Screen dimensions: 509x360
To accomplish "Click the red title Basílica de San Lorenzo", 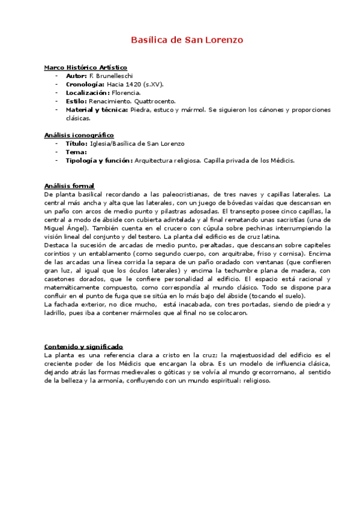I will click(x=187, y=40).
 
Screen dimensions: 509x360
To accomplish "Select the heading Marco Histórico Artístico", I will click(x=85, y=68).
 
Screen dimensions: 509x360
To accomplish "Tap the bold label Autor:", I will click(x=76, y=76).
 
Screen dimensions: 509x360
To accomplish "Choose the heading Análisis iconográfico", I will click(x=79, y=135).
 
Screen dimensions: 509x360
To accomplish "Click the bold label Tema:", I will click(x=76, y=152).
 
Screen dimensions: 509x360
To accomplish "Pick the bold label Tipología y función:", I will click(x=99, y=160).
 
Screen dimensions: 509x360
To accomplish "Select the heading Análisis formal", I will click(x=69, y=185).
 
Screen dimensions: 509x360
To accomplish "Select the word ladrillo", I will click(x=58, y=313).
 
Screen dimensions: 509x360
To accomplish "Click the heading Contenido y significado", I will click(x=83, y=346).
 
